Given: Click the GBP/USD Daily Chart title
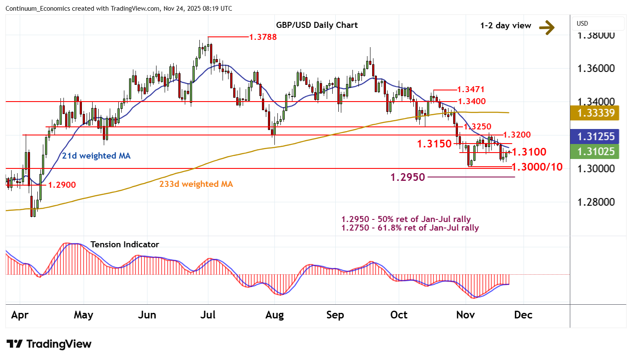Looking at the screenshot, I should pos(316,25).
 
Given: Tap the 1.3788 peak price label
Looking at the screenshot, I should pos(263,37).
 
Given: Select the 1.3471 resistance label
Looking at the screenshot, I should pos(470,90).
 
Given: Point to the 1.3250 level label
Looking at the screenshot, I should pos(477,127).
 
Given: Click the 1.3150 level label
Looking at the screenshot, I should pos(434,144).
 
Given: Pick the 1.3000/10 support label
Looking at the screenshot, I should pos(536,167).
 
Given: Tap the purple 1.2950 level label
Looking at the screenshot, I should pos(407,177).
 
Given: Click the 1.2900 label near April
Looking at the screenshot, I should pos(62,185).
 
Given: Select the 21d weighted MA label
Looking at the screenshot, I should pos(96,156).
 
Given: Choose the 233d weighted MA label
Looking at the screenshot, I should pos(196,184).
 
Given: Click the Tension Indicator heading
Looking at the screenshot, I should pos(124,245).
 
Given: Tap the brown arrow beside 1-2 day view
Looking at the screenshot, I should pos(547,27).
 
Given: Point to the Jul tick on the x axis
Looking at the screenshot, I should pos(208,315).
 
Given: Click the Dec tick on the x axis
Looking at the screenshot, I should pos(523,315).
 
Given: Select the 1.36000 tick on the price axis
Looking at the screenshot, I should pos(596,69).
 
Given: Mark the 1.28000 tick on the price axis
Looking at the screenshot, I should pos(596,202).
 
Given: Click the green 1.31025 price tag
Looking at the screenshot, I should pos(596,152).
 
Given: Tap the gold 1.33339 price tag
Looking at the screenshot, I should pos(596,113).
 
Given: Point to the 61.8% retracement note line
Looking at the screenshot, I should pos(410,228).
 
